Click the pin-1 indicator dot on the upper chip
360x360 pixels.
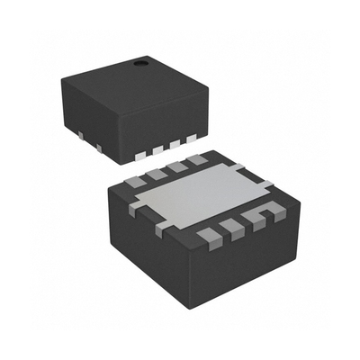[141, 64]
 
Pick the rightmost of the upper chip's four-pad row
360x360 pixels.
[191, 139]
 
